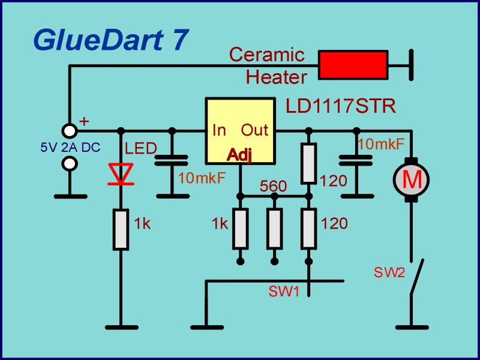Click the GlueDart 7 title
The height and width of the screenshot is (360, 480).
(x=111, y=40)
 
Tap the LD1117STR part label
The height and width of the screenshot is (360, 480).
(x=340, y=107)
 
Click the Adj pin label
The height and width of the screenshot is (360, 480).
(x=239, y=155)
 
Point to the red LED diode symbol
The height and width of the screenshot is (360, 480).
(x=121, y=173)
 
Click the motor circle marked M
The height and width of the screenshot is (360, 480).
(x=412, y=179)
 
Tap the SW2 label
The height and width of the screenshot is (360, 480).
(x=389, y=273)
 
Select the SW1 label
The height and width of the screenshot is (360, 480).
(x=284, y=293)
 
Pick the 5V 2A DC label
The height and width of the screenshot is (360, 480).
(x=70, y=147)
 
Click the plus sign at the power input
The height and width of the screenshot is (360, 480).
(x=84, y=122)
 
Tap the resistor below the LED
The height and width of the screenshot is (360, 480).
(x=121, y=229)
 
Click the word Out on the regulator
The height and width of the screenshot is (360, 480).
(x=254, y=130)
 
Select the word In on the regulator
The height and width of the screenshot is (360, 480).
(x=219, y=130)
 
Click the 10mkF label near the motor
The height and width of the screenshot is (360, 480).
(x=381, y=144)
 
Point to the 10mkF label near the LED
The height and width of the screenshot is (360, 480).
(x=202, y=178)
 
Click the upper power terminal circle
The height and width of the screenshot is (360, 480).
(x=70, y=131)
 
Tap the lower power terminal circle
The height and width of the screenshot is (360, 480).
(x=70, y=163)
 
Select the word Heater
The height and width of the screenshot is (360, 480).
(x=276, y=77)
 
